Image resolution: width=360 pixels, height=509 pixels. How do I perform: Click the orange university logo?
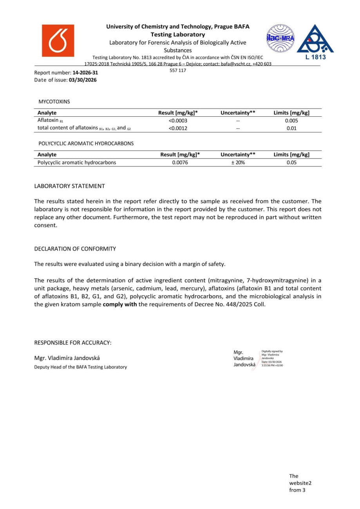[x=58, y=40]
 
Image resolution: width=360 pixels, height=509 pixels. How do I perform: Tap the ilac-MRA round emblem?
[x=280, y=38]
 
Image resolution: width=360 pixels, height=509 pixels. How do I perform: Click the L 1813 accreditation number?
[x=315, y=57]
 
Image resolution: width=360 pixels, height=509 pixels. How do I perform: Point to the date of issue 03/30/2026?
[x=83, y=80]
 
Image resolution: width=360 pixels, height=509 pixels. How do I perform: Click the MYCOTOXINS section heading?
[x=54, y=101]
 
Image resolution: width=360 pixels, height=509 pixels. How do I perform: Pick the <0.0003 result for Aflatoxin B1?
[x=178, y=121]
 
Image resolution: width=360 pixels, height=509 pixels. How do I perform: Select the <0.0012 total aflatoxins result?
[x=178, y=128]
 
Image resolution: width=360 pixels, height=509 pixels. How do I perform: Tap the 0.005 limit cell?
[x=291, y=121]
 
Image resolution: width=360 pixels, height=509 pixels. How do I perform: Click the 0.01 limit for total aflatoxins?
[x=291, y=128]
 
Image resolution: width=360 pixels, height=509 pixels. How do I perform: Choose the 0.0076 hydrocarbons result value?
[x=180, y=162]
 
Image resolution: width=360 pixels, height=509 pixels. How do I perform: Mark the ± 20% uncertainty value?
[x=238, y=162]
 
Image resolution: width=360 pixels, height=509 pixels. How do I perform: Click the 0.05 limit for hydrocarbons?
[x=291, y=162]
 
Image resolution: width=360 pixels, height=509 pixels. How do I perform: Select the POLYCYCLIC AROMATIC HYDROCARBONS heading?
[x=86, y=143]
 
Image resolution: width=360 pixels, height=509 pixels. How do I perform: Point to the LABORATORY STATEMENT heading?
[x=69, y=186]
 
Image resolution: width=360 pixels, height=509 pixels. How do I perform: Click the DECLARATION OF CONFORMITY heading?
[x=75, y=249]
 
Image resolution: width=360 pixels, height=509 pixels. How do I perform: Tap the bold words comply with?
[x=120, y=304]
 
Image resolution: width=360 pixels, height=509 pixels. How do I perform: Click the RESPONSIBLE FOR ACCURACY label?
[x=73, y=343]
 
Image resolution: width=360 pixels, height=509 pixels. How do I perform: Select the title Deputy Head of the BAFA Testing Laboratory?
[x=81, y=367]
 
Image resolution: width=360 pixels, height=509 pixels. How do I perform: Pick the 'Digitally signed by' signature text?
[x=272, y=352]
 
